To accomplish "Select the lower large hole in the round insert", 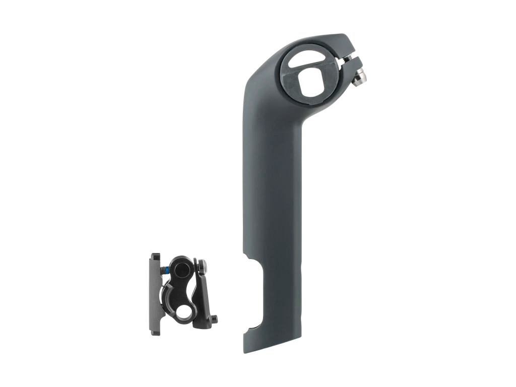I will [311, 84].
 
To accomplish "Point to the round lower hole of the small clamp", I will [185, 315].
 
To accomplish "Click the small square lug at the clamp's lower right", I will [215, 319].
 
